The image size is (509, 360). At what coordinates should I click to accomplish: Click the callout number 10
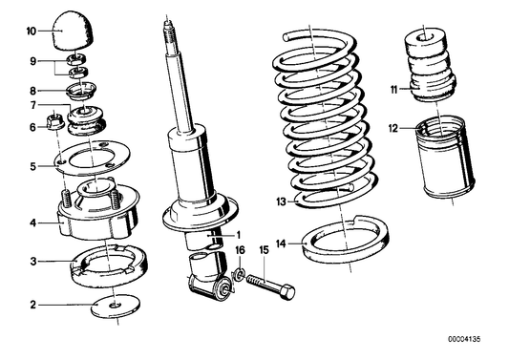[31, 31]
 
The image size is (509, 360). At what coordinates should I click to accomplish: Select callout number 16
[241, 250]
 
